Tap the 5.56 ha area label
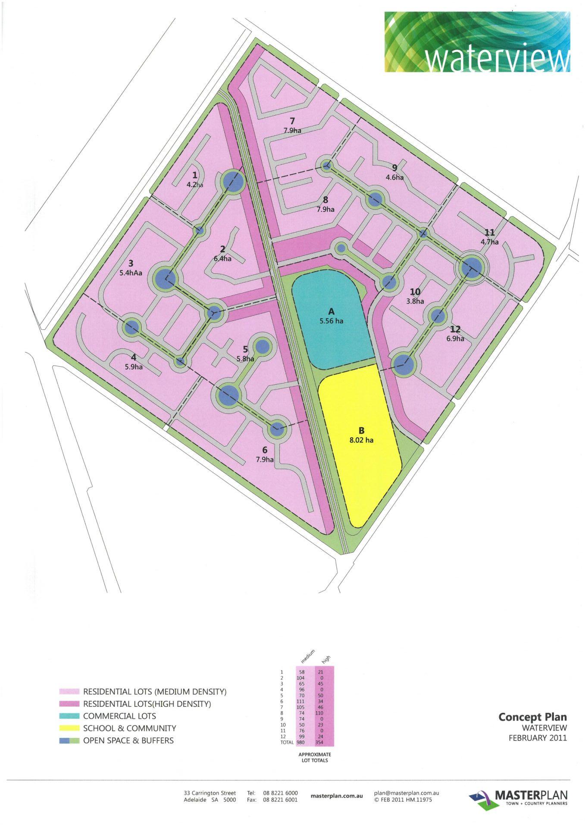click(x=332, y=321)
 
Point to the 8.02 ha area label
click(x=361, y=440)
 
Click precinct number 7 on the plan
click(x=292, y=121)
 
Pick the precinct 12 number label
click(x=455, y=330)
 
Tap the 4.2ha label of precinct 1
click(x=194, y=185)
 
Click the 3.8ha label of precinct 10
click(x=415, y=301)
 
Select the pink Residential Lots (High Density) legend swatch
click(x=69, y=704)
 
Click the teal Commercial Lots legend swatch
click(x=69, y=716)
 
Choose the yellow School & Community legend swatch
click(x=69, y=728)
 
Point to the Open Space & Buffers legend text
click(x=128, y=741)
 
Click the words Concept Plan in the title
click(x=532, y=717)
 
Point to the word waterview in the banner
click(x=496, y=60)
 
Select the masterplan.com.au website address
click(x=336, y=796)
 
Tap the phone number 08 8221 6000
click(x=280, y=793)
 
